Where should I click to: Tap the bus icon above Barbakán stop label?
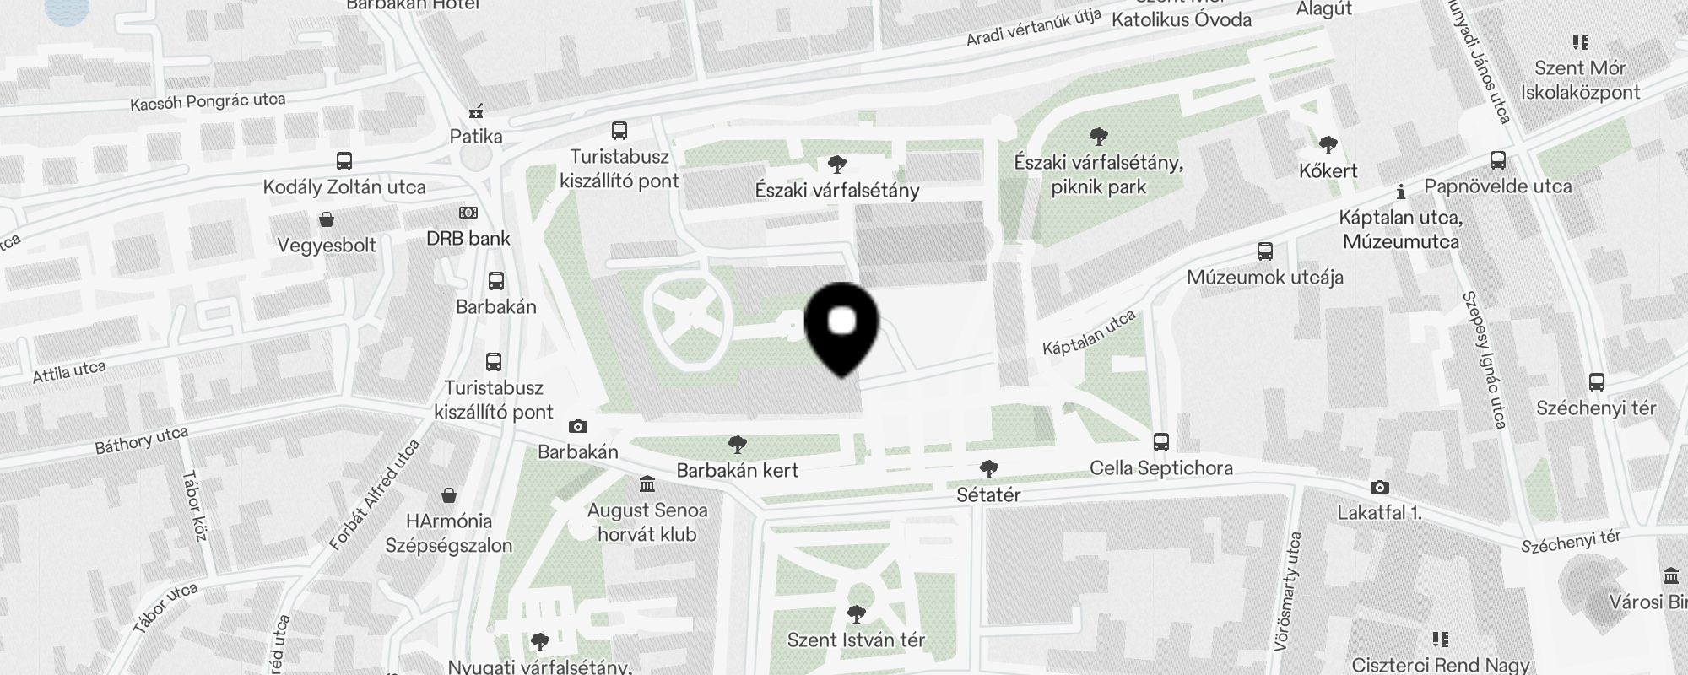pyautogui.click(x=496, y=281)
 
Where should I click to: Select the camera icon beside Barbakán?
pyautogui.click(x=578, y=427)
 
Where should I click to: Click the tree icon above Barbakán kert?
pyautogui.click(x=737, y=445)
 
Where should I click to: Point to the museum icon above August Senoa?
pyautogui.click(x=647, y=484)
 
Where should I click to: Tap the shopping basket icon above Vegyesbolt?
pyautogui.click(x=327, y=220)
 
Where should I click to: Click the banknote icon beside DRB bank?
pyautogui.click(x=468, y=213)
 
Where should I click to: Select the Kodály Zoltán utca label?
pyautogui.click(x=344, y=187)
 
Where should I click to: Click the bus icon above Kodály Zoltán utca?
pyautogui.click(x=344, y=161)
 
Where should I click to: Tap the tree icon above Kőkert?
pyautogui.click(x=1328, y=145)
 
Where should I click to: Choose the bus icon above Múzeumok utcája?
pyautogui.click(x=1264, y=251)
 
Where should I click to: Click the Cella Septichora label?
pyautogui.click(x=1160, y=468)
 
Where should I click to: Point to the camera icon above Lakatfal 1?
pyautogui.click(x=1379, y=487)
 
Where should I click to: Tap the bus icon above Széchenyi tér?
pyautogui.click(x=1596, y=382)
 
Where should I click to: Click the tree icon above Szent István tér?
pyautogui.click(x=856, y=613)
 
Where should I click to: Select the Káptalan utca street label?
pyautogui.click(x=1089, y=333)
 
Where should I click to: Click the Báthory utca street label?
pyautogui.click(x=141, y=440)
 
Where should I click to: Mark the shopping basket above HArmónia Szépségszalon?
pyautogui.click(x=449, y=494)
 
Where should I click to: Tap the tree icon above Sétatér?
pyautogui.click(x=988, y=468)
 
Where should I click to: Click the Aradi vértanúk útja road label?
pyautogui.click(x=1034, y=28)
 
